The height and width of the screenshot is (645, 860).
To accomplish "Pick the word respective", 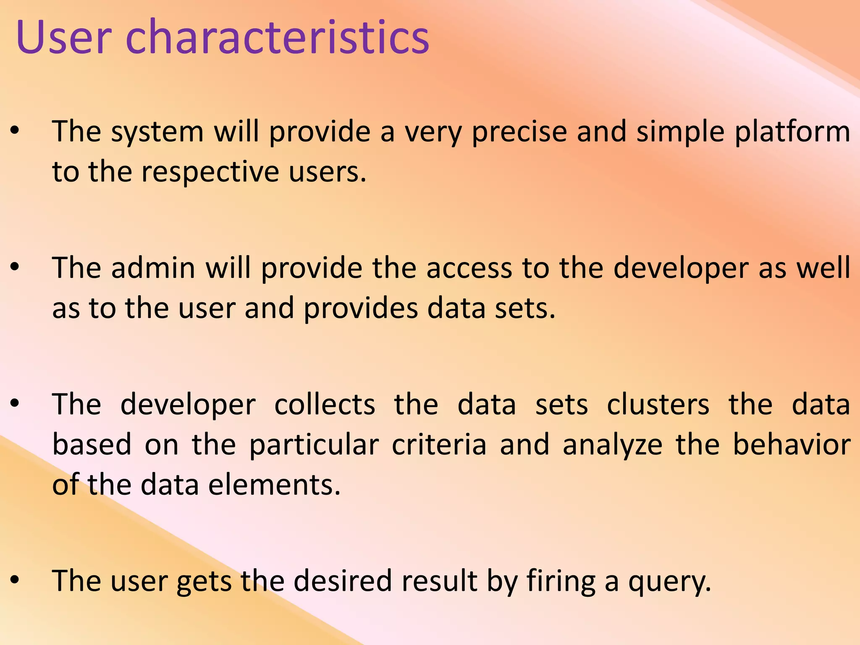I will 210,173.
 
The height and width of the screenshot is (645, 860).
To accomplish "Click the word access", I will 469,268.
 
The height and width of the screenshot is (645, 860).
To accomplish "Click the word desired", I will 342,581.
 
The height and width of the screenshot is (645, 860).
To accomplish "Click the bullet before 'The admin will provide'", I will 15,267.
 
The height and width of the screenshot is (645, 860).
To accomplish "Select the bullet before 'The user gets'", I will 15,580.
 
